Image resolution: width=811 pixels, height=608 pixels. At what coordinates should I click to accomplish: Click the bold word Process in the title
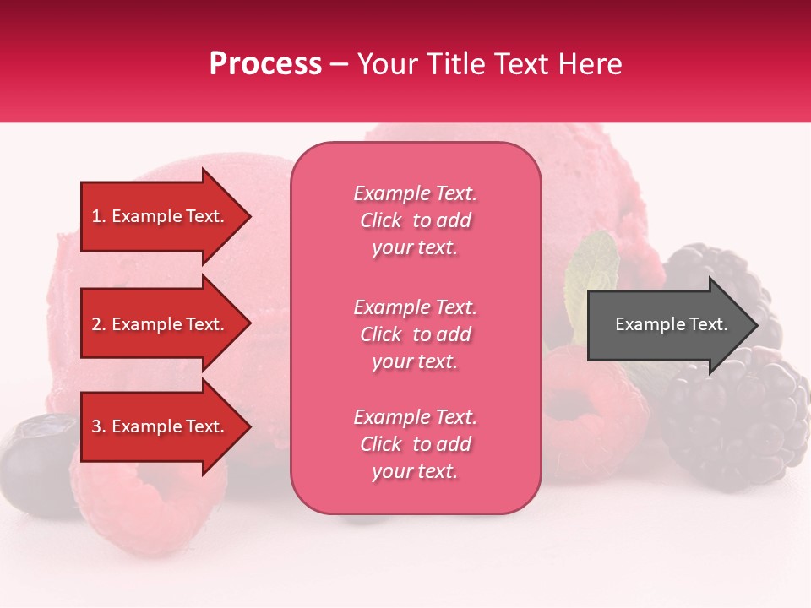point(265,64)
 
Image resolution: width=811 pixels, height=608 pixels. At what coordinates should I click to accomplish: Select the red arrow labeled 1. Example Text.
point(161,216)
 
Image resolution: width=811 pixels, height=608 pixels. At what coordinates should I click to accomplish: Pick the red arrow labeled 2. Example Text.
point(161,324)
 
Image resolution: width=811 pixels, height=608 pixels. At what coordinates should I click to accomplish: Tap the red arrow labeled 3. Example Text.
point(161,426)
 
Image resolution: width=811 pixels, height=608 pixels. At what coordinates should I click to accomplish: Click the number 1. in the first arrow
point(99,216)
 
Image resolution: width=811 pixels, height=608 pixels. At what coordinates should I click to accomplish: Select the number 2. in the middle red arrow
point(99,324)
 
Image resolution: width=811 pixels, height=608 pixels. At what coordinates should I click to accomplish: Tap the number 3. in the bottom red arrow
point(99,426)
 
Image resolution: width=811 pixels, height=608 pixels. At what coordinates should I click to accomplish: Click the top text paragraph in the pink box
point(415,220)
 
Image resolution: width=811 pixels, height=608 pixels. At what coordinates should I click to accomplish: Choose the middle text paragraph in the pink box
point(415,334)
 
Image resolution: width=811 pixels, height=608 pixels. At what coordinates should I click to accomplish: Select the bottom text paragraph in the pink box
point(415,444)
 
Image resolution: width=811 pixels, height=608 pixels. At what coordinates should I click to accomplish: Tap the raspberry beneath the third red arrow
point(152,507)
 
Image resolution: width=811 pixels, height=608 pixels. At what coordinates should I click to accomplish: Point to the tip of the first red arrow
point(249,217)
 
